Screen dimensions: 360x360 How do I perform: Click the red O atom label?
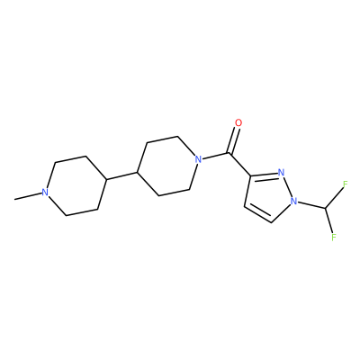coord(238,123)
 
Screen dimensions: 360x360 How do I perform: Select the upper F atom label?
coord(345,184)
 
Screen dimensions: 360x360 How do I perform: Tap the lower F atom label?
coord(333,237)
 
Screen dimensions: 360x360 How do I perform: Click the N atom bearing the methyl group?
coord(45,193)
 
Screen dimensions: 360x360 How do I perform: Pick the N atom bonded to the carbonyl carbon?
coord(198,159)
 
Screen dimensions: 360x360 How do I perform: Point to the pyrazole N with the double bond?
coord(281,173)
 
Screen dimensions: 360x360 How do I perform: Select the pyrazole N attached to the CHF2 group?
coord(294,201)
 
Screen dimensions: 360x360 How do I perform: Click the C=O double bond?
coord(234,140)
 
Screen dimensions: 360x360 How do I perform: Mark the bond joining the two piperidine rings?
coord(122,176)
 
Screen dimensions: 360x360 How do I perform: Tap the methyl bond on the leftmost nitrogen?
coord(28,196)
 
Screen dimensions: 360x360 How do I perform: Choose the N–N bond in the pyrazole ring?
coord(288,186)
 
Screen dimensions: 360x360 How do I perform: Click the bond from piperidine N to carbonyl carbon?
coord(215,157)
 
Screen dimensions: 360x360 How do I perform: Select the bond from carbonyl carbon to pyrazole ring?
coord(240,164)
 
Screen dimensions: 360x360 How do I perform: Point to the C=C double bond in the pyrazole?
coord(257,213)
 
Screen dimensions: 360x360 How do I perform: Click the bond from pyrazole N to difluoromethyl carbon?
coord(311,204)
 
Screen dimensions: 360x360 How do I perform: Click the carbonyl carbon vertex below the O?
coord(229,153)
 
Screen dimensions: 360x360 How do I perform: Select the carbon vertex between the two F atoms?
coord(325,208)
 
